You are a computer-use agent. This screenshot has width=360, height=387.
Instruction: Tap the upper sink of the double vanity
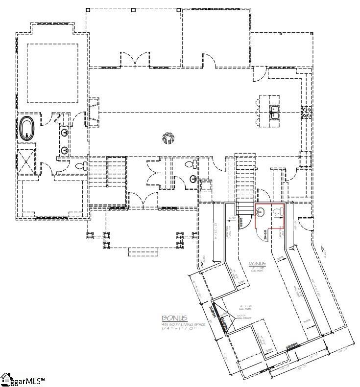tap(65, 133)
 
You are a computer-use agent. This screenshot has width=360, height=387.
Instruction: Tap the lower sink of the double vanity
tap(65, 150)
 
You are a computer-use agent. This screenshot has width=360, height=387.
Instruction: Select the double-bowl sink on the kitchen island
tap(274, 114)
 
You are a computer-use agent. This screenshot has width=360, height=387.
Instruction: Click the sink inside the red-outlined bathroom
tap(261, 212)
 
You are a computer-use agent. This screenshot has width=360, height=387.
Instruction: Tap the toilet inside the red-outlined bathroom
tap(278, 212)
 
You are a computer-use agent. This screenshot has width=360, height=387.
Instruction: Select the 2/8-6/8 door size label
tap(241, 223)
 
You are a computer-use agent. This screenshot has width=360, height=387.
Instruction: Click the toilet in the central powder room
tap(193, 164)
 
